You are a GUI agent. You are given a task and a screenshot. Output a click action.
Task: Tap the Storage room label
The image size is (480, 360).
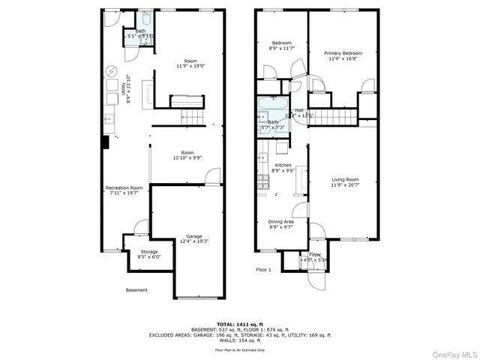click(x=148, y=254)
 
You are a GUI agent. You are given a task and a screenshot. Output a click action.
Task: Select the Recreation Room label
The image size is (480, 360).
click(x=124, y=190)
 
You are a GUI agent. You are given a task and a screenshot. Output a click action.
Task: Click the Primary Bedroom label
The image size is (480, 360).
click(x=343, y=56)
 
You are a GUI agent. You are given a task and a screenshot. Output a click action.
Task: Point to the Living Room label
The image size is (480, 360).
click(x=346, y=182)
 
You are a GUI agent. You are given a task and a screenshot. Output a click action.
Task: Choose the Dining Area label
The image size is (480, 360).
click(x=281, y=224)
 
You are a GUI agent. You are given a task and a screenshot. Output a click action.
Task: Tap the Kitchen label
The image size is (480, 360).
click(x=283, y=167)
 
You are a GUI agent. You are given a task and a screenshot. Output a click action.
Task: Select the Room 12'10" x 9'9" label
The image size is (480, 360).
click(x=187, y=155)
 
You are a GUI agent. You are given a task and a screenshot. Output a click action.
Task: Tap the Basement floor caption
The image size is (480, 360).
click(x=136, y=290)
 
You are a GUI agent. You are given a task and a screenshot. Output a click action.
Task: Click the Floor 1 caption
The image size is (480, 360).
click(x=262, y=268)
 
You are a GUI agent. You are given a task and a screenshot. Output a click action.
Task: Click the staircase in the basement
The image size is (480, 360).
click(x=193, y=116)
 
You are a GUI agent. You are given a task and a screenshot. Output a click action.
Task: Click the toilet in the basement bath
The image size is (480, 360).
click(x=146, y=19)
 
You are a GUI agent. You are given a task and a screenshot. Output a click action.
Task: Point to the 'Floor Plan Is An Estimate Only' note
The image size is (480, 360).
click(x=240, y=349)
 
